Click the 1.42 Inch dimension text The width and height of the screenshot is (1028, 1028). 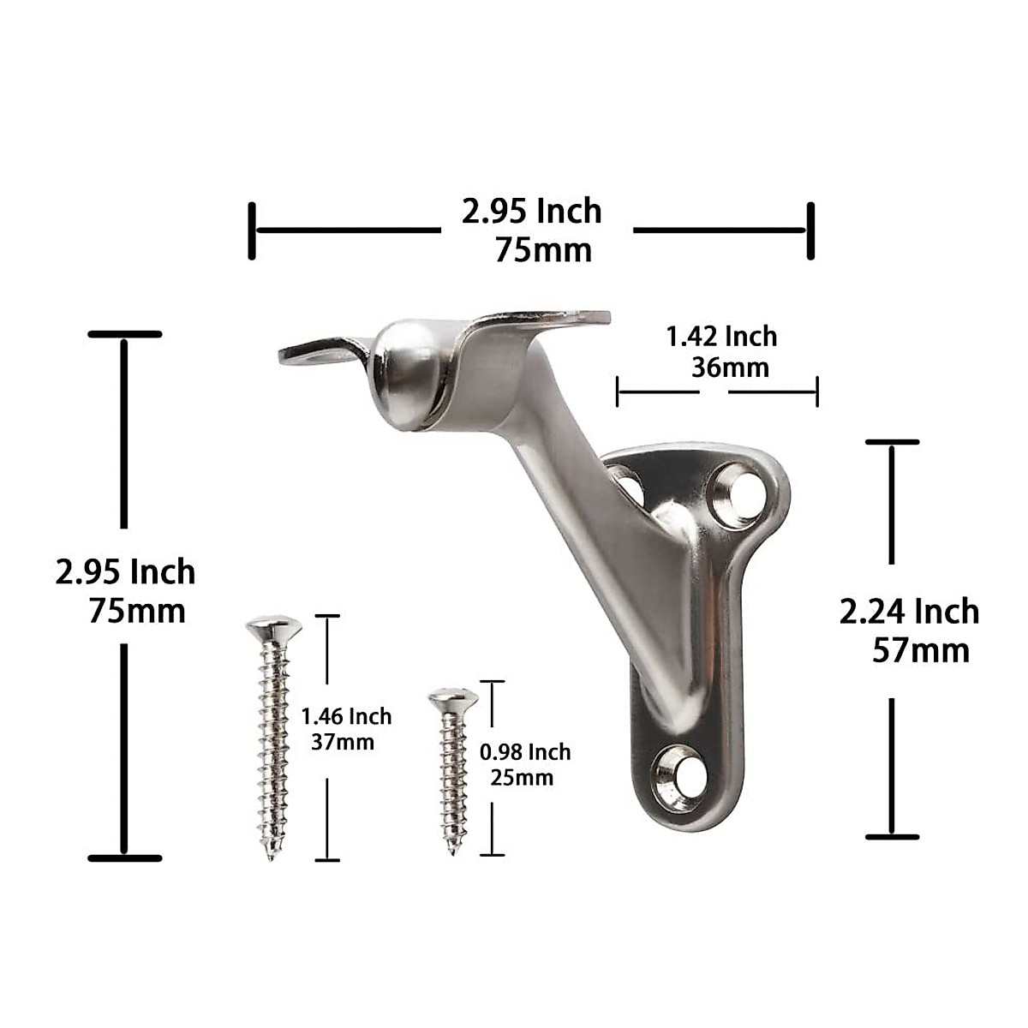pos(721,337)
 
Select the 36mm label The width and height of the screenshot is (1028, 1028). pos(730,368)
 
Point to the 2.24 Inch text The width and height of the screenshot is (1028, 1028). pos(909,612)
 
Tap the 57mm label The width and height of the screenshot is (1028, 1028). pos(921,651)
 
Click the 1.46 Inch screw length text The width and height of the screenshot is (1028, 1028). pos(346,716)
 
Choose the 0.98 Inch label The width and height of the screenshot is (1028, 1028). pos(524,752)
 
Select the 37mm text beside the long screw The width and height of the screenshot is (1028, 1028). pos(343,742)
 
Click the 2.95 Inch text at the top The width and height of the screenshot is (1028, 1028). pos(531,211)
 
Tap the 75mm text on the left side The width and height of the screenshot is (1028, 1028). pos(136,611)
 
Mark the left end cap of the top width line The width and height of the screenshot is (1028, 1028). pos(252,230)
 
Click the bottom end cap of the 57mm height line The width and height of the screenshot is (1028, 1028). pos(892,837)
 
